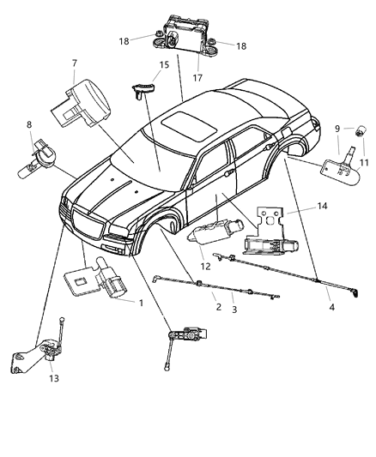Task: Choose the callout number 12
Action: coord(203,266)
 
